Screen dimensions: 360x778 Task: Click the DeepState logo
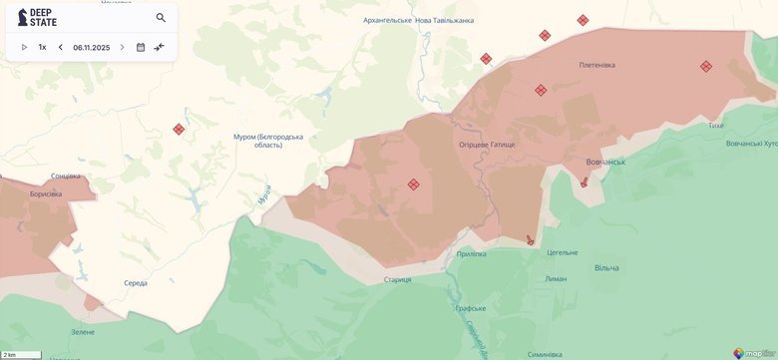click(38, 18)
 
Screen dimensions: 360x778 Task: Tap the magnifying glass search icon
click(162, 18)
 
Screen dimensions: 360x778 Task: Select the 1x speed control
click(42, 47)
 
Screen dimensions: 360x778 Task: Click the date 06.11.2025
click(91, 47)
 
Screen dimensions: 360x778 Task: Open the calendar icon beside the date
click(141, 47)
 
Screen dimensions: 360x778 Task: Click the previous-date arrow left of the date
click(60, 47)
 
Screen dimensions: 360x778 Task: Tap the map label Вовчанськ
click(604, 162)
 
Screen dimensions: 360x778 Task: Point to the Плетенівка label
click(596, 65)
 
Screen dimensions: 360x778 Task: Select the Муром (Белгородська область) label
click(267, 141)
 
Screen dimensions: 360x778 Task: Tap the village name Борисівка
click(46, 193)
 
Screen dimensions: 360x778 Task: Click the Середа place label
click(136, 283)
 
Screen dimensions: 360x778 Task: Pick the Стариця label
click(397, 279)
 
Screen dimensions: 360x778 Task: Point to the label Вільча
click(606, 267)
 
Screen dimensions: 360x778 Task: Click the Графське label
click(470, 309)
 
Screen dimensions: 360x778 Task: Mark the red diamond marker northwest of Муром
click(179, 129)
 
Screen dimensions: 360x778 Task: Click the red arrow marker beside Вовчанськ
click(584, 181)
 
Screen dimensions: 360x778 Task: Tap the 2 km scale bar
click(20, 354)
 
